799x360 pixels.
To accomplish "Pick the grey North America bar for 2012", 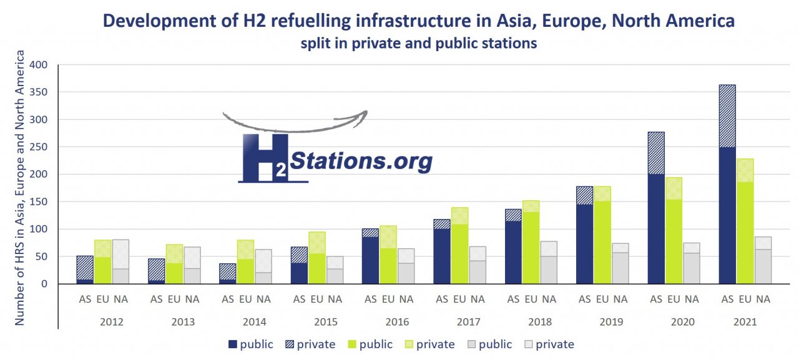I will [121, 261].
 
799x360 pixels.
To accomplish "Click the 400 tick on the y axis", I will [39, 65].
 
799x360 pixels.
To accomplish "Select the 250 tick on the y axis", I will [39, 147].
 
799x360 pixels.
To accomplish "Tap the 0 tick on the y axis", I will [44, 284].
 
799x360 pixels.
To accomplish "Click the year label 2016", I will [397, 323].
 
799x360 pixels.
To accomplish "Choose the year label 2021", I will [745, 323].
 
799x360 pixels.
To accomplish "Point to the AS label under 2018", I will [513, 299].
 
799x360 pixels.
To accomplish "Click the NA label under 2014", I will [263, 299].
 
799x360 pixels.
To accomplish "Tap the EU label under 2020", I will [674, 299].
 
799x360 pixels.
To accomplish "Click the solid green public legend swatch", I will [351, 344].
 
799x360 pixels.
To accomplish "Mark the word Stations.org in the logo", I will [361, 161].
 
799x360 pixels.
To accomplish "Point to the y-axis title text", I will [20, 187].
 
